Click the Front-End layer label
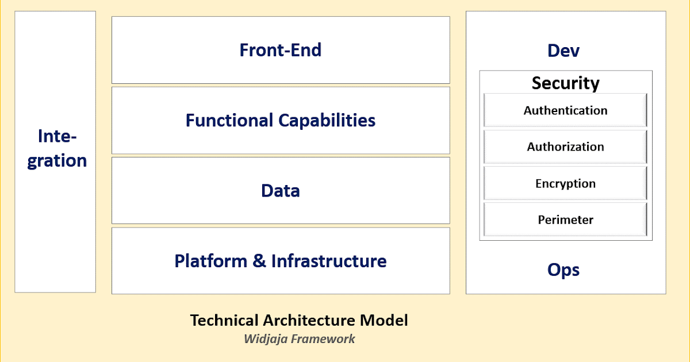[281, 50]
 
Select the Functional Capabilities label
[281, 120]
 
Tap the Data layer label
[281, 191]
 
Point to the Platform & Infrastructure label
[281, 261]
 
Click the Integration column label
[57, 148]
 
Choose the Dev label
[563, 51]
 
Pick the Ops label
[563, 269]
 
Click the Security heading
[565, 83]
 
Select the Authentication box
[565, 110]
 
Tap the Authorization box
[565, 147]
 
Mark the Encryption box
[565, 184]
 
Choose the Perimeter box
[565, 219]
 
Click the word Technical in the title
[224, 320]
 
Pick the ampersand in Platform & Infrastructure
[259, 261]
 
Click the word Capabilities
[327, 120]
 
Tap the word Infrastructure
[329, 261]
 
